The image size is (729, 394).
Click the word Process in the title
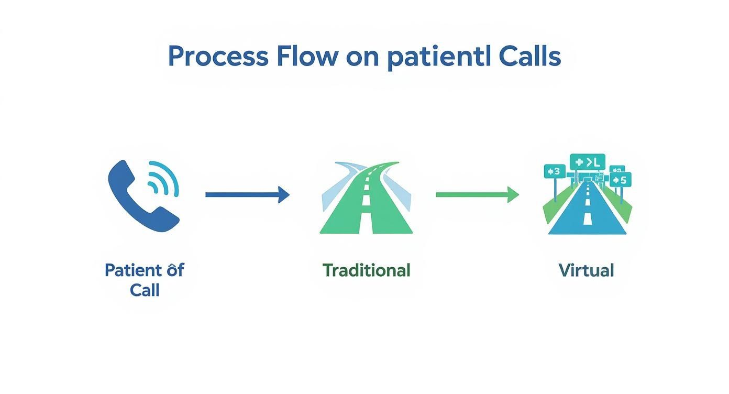point(218,57)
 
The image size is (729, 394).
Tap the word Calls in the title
point(529,57)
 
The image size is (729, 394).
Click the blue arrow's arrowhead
point(283,194)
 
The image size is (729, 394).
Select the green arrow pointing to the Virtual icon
point(477,195)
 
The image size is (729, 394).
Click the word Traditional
point(366,270)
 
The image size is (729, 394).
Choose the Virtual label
point(586,270)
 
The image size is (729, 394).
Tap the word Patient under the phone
point(132,270)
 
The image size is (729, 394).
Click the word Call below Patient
point(145,290)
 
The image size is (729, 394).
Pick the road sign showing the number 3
point(555,171)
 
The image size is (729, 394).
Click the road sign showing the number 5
point(621,180)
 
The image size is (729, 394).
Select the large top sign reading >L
point(587,162)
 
